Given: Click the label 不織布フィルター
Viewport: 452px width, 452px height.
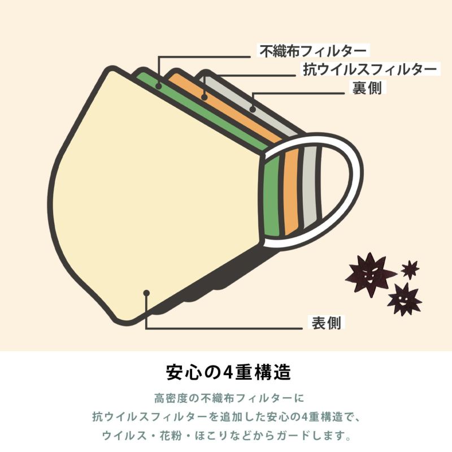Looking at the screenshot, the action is coord(313,51).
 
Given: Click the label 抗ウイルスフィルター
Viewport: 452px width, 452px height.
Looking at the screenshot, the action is coord(370,69).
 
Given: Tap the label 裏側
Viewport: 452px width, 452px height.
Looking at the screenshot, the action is coord(367,88).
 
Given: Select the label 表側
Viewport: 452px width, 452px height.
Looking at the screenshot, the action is coord(327,322).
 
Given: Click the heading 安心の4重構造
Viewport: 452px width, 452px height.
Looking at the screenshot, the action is coord(228,373).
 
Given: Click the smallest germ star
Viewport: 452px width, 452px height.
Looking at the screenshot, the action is coord(410,269).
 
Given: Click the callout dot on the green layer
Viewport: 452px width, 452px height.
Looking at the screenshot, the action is coord(158,86).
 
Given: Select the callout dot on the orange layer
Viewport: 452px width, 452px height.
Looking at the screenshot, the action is coord(205,97).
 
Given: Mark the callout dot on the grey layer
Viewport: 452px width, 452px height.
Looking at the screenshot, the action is coord(253,109).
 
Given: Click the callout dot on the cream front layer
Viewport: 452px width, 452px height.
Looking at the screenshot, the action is coord(146,293).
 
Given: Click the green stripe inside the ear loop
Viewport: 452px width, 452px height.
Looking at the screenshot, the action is coord(272,196).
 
